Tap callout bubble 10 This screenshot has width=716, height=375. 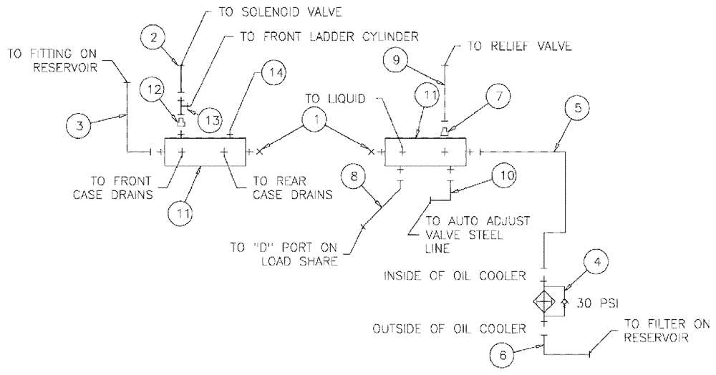502,175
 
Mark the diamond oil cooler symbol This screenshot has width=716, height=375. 545,302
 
